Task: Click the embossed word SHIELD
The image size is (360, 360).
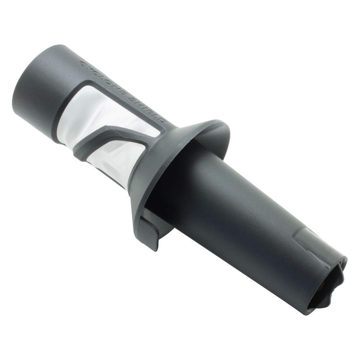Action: pyautogui.click(x=146, y=108)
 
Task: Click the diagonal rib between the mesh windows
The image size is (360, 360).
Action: pyautogui.click(x=115, y=138)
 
